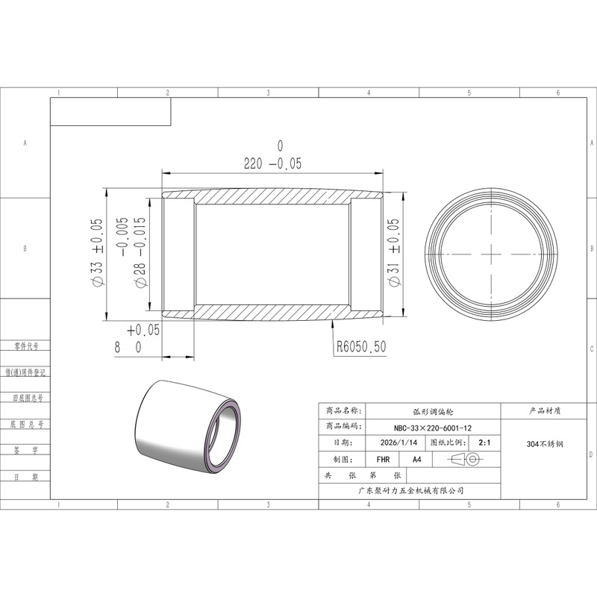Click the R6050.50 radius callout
pos(361,346)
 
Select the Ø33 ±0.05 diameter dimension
pos(97,251)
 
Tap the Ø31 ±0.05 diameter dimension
pos(394,252)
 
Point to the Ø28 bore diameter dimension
pos(133,252)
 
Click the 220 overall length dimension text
pos(272,156)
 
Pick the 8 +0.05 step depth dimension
pos(137,339)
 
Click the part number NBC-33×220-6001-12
pos(433,428)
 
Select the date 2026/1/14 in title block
pos(398,443)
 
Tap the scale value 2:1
pos(484,443)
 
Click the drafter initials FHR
pos(383,460)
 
